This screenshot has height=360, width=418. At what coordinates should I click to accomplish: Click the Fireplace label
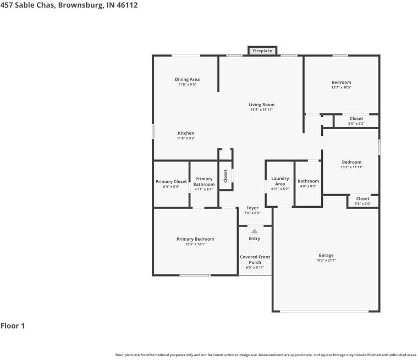tap(262, 51)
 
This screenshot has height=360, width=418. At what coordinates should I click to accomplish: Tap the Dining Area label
tap(187, 79)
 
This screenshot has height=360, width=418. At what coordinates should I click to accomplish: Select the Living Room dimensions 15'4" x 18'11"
tap(261, 109)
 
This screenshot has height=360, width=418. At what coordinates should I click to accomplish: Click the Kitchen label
tap(186, 133)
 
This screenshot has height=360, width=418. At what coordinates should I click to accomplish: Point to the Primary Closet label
tap(171, 181)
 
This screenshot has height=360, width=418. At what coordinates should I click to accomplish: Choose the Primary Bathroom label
tap(204, 181)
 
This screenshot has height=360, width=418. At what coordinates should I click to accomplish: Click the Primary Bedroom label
tap(195, 239)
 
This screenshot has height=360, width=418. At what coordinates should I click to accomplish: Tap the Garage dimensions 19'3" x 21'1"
tap(326, 260)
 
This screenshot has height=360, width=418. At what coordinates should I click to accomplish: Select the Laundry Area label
tap(280, 181)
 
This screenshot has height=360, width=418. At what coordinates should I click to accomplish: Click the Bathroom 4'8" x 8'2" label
tap(308, 184)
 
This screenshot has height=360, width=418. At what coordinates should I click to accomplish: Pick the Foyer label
tap(252, 208)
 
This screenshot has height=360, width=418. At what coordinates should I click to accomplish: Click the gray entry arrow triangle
tap(255, 231)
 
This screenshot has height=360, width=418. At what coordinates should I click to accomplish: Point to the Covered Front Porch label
tap(255, 259)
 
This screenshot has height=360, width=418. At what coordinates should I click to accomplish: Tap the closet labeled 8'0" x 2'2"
tap(356, 121)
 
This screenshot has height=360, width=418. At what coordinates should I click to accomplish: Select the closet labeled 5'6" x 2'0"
tap(363, 201)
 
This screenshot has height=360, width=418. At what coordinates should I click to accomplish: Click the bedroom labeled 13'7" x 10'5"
tap(342, 85)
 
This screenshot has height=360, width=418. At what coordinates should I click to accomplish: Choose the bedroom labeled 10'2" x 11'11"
tap(352, 164)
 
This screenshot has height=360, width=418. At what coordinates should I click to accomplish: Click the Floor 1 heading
tap(13, 325)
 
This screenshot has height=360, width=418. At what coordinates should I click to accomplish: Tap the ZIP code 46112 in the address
tap(127, 5)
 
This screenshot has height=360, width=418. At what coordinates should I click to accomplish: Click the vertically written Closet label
tap(226, 176)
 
